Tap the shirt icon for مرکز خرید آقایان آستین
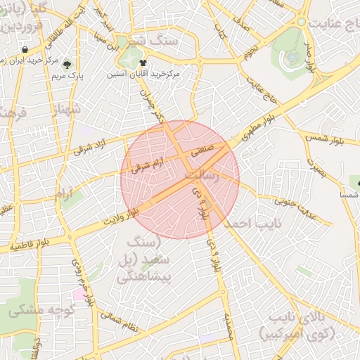coord(152,63)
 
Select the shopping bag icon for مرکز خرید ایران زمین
coord(25,50)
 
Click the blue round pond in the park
coord(290,57)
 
